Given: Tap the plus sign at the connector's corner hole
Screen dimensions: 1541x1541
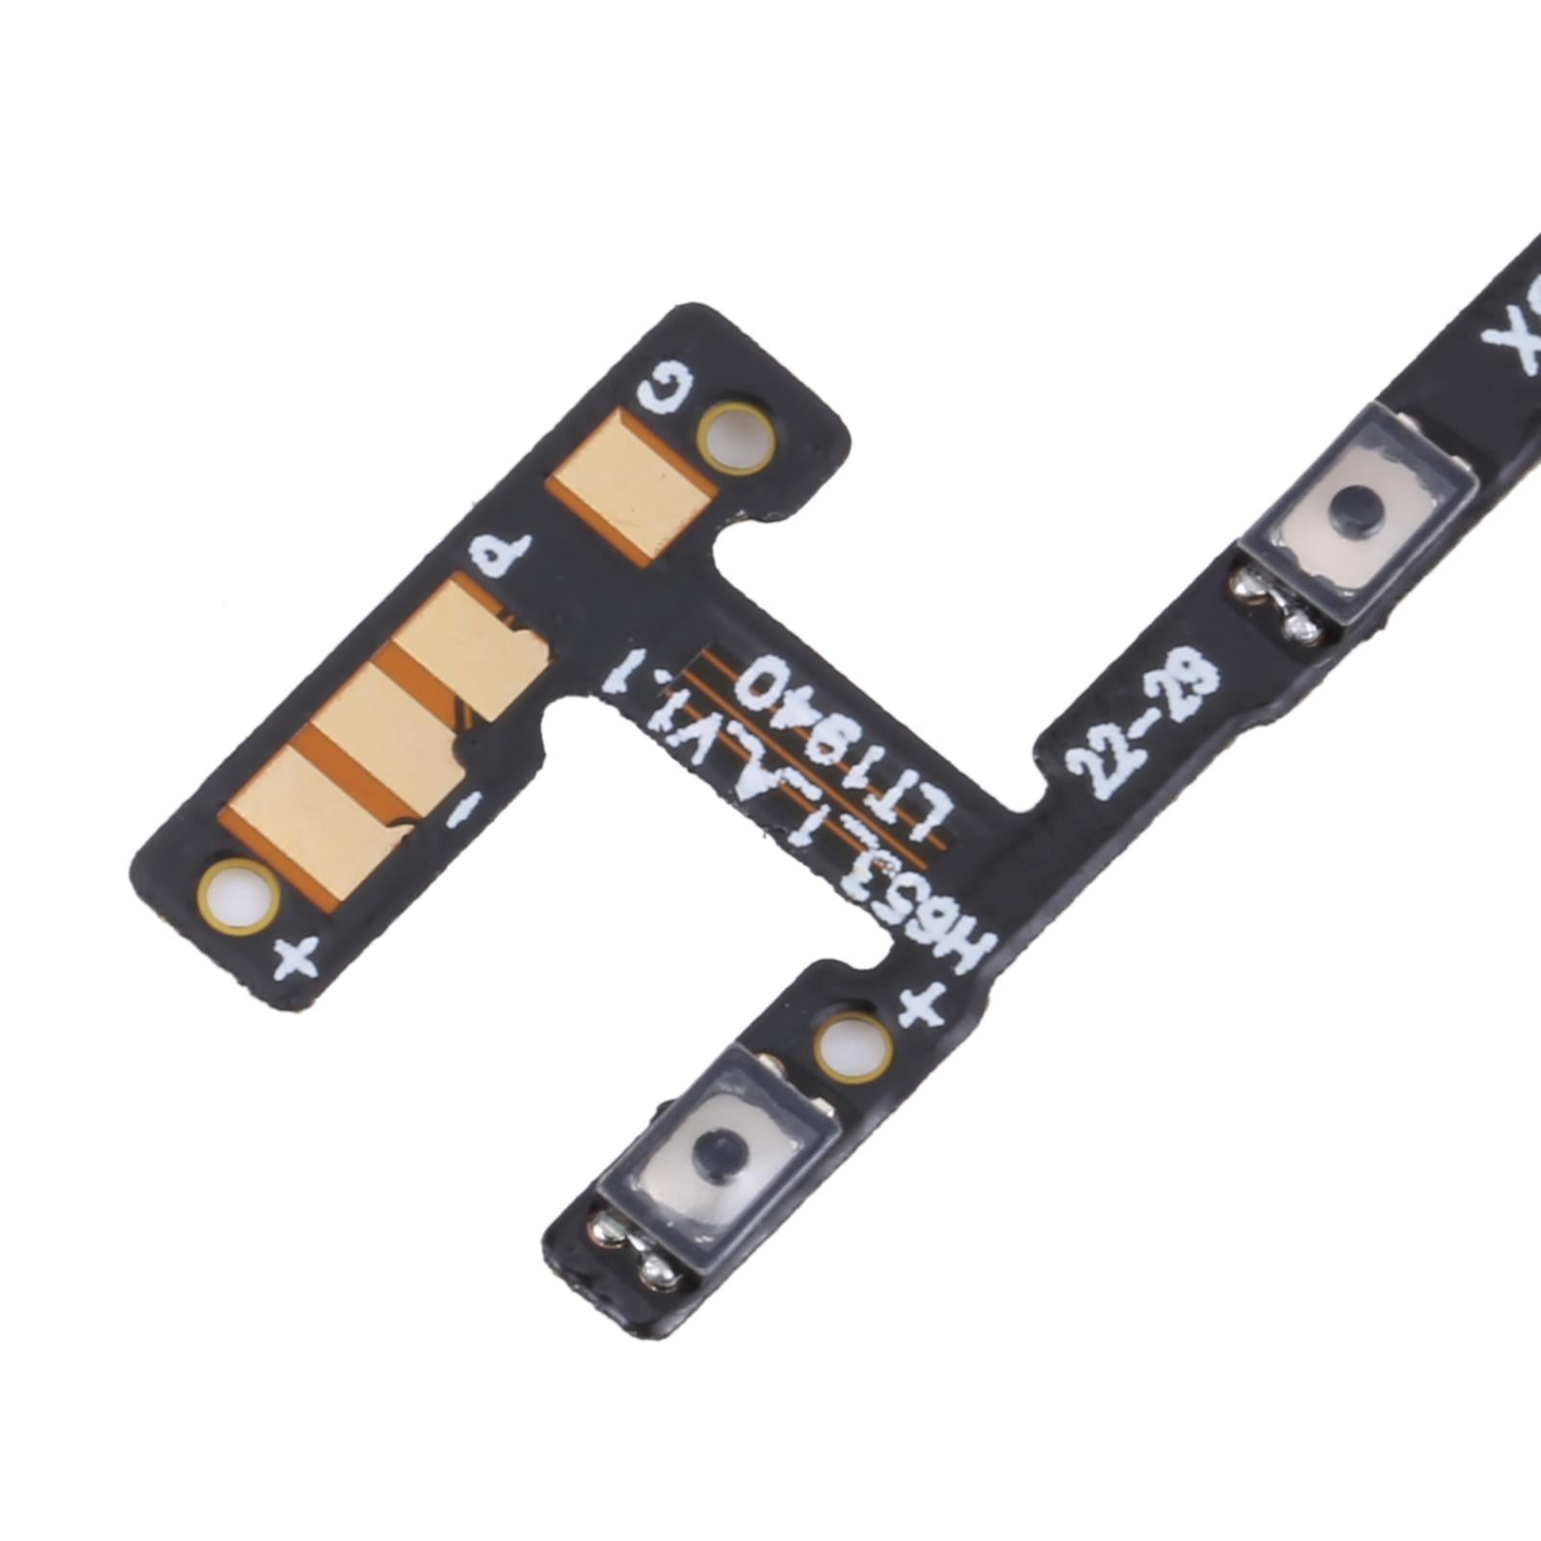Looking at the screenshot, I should (297, 957).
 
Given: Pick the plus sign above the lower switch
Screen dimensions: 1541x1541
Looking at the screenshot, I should (919, 1007).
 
